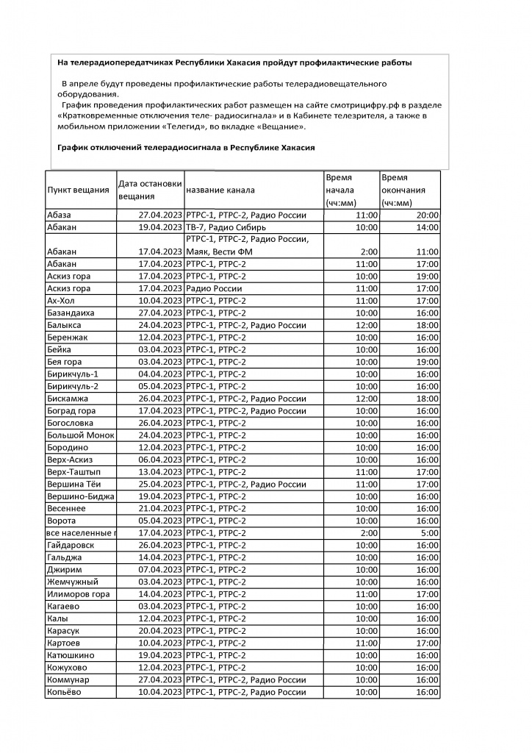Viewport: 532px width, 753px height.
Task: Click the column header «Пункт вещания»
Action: (78, 190)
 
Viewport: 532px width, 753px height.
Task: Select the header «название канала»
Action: (218, 190)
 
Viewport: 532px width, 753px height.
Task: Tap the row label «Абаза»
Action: (60, 215)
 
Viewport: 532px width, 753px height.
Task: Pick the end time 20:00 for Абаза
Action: (427, 215)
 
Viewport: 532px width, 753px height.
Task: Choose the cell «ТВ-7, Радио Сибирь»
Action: (231, 227)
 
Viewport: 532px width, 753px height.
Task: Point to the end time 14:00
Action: (427, 227)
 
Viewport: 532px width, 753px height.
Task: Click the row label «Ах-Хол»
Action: (62, 301)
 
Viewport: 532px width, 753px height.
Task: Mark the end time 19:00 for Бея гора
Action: (427, 362)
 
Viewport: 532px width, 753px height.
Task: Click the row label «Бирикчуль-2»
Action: (72, 386)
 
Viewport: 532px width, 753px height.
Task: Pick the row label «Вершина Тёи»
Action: (73, 484)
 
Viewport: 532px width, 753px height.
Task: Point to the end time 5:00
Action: (430, 532)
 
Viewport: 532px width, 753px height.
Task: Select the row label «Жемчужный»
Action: (72, 582)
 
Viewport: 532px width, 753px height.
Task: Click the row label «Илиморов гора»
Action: (78, 594)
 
